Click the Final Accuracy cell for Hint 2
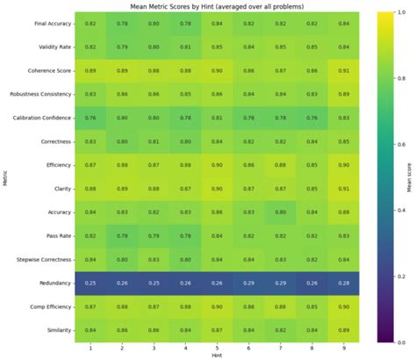(x=122, y=22)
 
